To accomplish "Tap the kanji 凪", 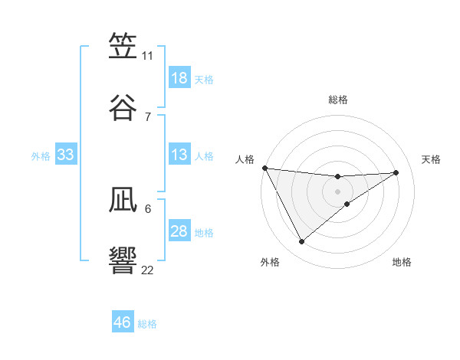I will pos(123,200).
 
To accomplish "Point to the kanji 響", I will pos(123,260).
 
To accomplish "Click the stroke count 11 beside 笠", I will pos(148,56).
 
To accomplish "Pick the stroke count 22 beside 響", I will pos(148,270).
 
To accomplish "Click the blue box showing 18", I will pos(179,78).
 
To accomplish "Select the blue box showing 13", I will pos(179,155).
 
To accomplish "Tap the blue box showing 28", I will pos(179,231).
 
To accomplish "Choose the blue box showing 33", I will pos(66,155).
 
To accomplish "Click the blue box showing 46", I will pos(123,322).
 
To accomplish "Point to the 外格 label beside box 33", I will pos(41,156).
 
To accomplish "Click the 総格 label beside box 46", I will pos(147,324).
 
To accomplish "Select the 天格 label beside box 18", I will pos(204,80).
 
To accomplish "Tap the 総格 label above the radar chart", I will pos(338,100).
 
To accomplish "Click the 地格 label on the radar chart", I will pos(402,262).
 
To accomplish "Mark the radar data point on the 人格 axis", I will pos(264,168).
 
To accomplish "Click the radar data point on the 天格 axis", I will pos(396,172).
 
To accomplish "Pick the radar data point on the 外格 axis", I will pos(302,242).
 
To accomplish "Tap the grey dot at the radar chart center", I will pos(338,191).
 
